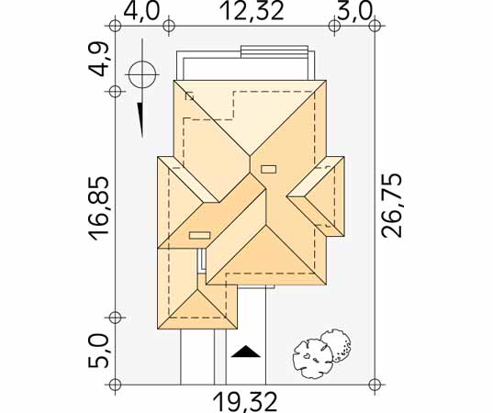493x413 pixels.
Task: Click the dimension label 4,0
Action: coord(141,12)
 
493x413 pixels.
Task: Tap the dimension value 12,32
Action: coord(252,12)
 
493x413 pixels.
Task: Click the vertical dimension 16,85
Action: coord(99,208)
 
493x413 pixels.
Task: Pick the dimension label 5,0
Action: coord(98,352)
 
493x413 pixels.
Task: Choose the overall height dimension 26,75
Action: coord(391,206)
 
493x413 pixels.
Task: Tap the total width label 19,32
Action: coord(245,402)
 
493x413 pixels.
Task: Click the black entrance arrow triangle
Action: coord(246,352)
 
